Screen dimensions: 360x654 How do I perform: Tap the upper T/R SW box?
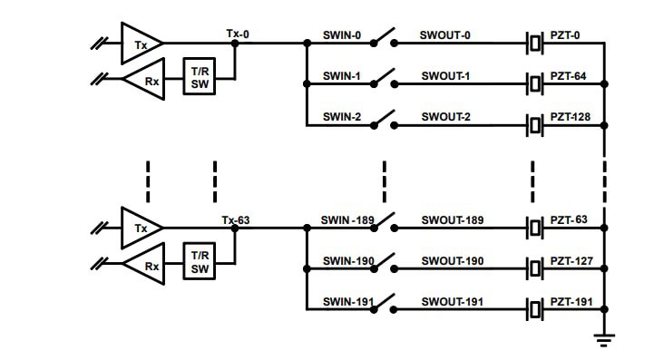pyautogui.click(x=200, y=77)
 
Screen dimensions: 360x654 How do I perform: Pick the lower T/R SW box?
pyautogui.click(x=200, y=262)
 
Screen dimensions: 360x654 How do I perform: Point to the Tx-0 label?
pyautogui.click(x=238, y=34)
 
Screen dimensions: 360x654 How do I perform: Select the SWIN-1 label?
pyautogui.click(x=342, y=77)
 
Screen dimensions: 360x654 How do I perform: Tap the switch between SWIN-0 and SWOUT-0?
pyautogui.click(x=386, y=40)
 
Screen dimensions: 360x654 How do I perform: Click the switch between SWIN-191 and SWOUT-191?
pyautogui.click(x=386, y=306)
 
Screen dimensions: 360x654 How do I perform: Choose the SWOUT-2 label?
pyautogui.click(x=445, y=117)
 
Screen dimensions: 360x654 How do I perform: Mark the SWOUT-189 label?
pyautogui.click(x=452, y=220)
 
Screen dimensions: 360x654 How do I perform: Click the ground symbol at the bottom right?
pyautogui.click(x=603, y=339)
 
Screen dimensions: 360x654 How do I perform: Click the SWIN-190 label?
pyautogui.click(x=347, y=262)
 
